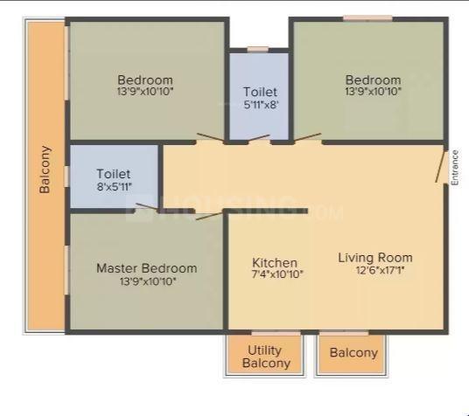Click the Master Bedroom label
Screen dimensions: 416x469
tap(146, 267)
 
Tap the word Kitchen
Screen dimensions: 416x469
tap(275, 263)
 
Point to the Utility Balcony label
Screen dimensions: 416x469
tap(263, 357)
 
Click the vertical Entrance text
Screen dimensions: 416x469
tap(455, 168)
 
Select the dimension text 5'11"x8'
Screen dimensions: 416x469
tap(260, 105)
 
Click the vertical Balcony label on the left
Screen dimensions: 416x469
tap(45, 170)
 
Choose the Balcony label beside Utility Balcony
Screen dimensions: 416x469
tap(353, 353)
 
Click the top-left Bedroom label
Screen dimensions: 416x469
tap(145, 80)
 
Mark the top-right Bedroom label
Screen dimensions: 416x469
tap(373, 80)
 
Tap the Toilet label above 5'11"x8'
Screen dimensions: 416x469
tap(260, 92)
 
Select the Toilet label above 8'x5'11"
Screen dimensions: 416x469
tap(114, 174)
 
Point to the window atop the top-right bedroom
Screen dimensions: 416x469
tap(367, 18)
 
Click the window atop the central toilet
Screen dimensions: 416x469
tap(257, 49)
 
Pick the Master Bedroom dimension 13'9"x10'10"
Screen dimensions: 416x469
tap(146, 281)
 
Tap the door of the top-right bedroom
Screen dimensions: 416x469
tap(307, 137)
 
